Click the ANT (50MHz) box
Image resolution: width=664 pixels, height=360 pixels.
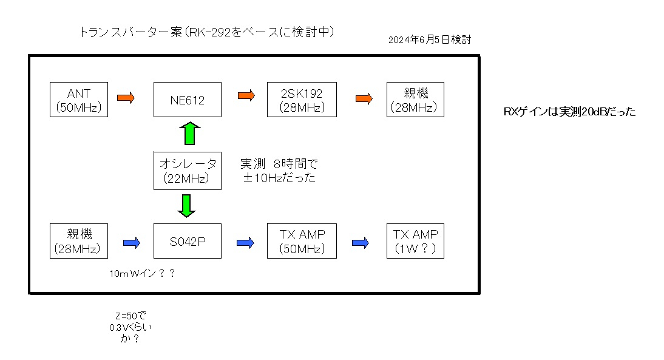point(78,100)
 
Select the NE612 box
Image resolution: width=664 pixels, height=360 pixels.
point(187,100)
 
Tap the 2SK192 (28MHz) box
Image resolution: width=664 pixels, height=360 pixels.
point(302,100)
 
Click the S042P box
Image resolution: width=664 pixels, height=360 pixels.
point(187,241)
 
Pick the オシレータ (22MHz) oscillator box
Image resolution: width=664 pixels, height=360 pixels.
point(187,171)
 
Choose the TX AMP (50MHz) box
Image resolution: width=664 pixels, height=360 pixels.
point(302,241)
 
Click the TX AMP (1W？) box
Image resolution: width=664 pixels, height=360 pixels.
point(416,241)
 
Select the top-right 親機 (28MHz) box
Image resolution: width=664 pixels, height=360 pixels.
point(416,100)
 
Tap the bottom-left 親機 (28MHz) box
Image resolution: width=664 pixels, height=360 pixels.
point(78,241)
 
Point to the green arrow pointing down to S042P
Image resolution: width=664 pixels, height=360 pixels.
point(186,205)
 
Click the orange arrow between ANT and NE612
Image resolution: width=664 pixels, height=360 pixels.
point(126,97)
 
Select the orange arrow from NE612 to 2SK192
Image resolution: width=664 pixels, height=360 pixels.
point(246,95)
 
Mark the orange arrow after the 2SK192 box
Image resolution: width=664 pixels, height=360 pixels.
point(364,97)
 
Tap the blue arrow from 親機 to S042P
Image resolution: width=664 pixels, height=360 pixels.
point(131,242)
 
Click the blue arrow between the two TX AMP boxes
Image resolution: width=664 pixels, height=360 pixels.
point(360,242)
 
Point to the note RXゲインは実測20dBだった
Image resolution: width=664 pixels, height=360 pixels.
point(569,112)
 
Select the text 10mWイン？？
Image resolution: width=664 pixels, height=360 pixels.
point(143,274)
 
